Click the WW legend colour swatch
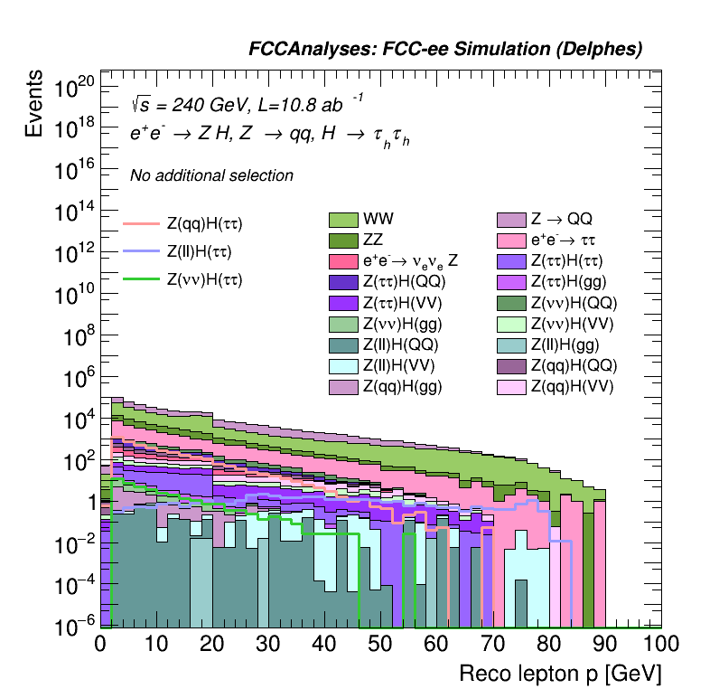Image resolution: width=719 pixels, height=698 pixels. click(x=343, y=219)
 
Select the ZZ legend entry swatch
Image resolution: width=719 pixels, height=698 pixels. click(x=343, y=241)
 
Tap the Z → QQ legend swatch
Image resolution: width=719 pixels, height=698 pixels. click(x=511, y=219)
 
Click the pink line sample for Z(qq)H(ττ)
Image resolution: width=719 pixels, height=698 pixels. click(x=140, y=222)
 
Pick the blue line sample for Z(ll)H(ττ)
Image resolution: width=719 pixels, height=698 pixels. click(x=140, y=251)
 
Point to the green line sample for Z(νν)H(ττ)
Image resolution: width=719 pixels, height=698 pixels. click(x=140, y=279)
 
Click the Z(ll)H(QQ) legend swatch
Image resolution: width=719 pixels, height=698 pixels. click(x=343, y=344)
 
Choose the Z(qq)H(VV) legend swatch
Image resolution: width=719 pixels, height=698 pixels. click(x=511, y=387)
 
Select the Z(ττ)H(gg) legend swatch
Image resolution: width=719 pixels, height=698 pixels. click(x=511, y=282)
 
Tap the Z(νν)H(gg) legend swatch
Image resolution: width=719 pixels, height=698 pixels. click(x=343, y=324)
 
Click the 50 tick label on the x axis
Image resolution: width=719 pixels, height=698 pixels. click(x=380, y=644)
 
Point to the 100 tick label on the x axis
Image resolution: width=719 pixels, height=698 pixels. click(x=661, y=644)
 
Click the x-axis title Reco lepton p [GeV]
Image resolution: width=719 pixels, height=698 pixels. click(x=560, y=674)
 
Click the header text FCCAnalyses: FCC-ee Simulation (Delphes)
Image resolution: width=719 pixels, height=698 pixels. click(x=445, y=50)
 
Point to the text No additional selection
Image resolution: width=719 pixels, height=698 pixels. click(x=211, y=175)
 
